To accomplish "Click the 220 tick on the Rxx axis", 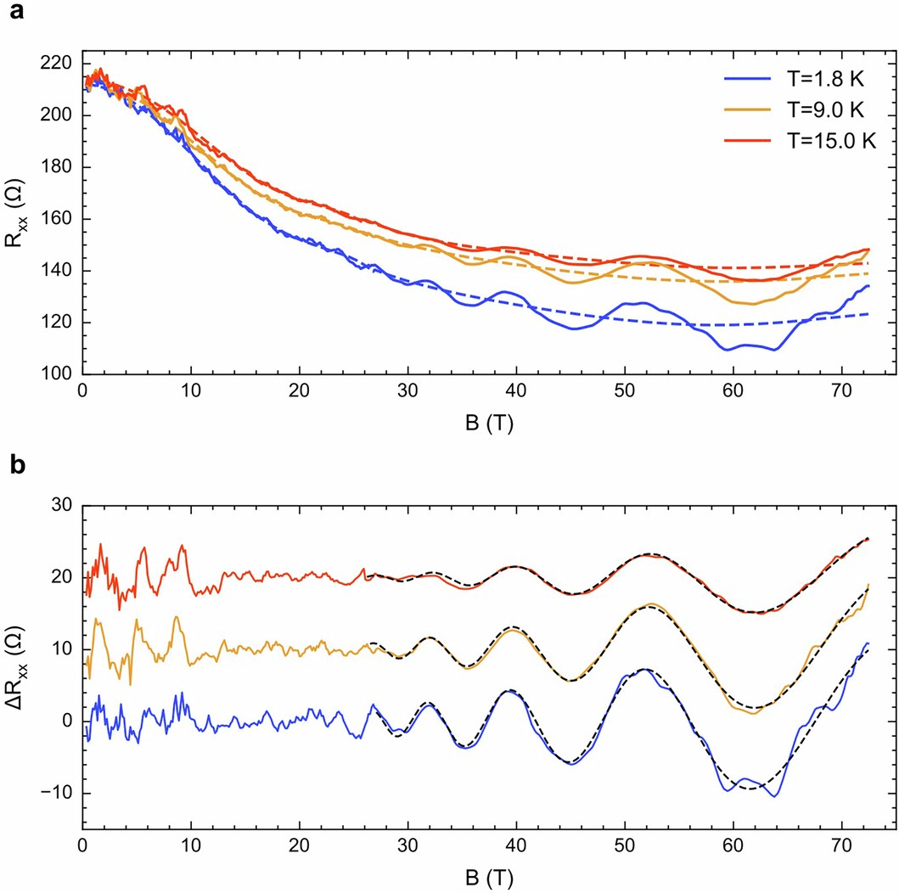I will (x=58, y=64).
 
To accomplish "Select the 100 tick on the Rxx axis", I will (x=58, y=374).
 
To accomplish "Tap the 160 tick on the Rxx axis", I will (x=58, y=219).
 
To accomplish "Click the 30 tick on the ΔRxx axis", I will (x=64, y=506).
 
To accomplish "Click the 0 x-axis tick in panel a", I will (x=82, y=393).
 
